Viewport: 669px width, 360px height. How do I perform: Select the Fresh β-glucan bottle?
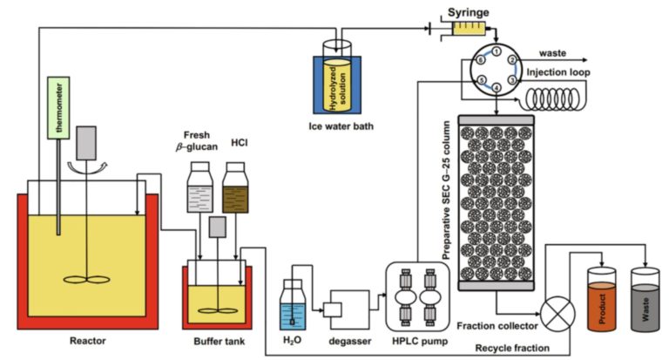200,188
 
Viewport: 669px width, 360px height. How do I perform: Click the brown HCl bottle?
235,188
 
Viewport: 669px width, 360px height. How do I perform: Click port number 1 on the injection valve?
494,51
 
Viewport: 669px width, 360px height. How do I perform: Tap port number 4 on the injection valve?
495,86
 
